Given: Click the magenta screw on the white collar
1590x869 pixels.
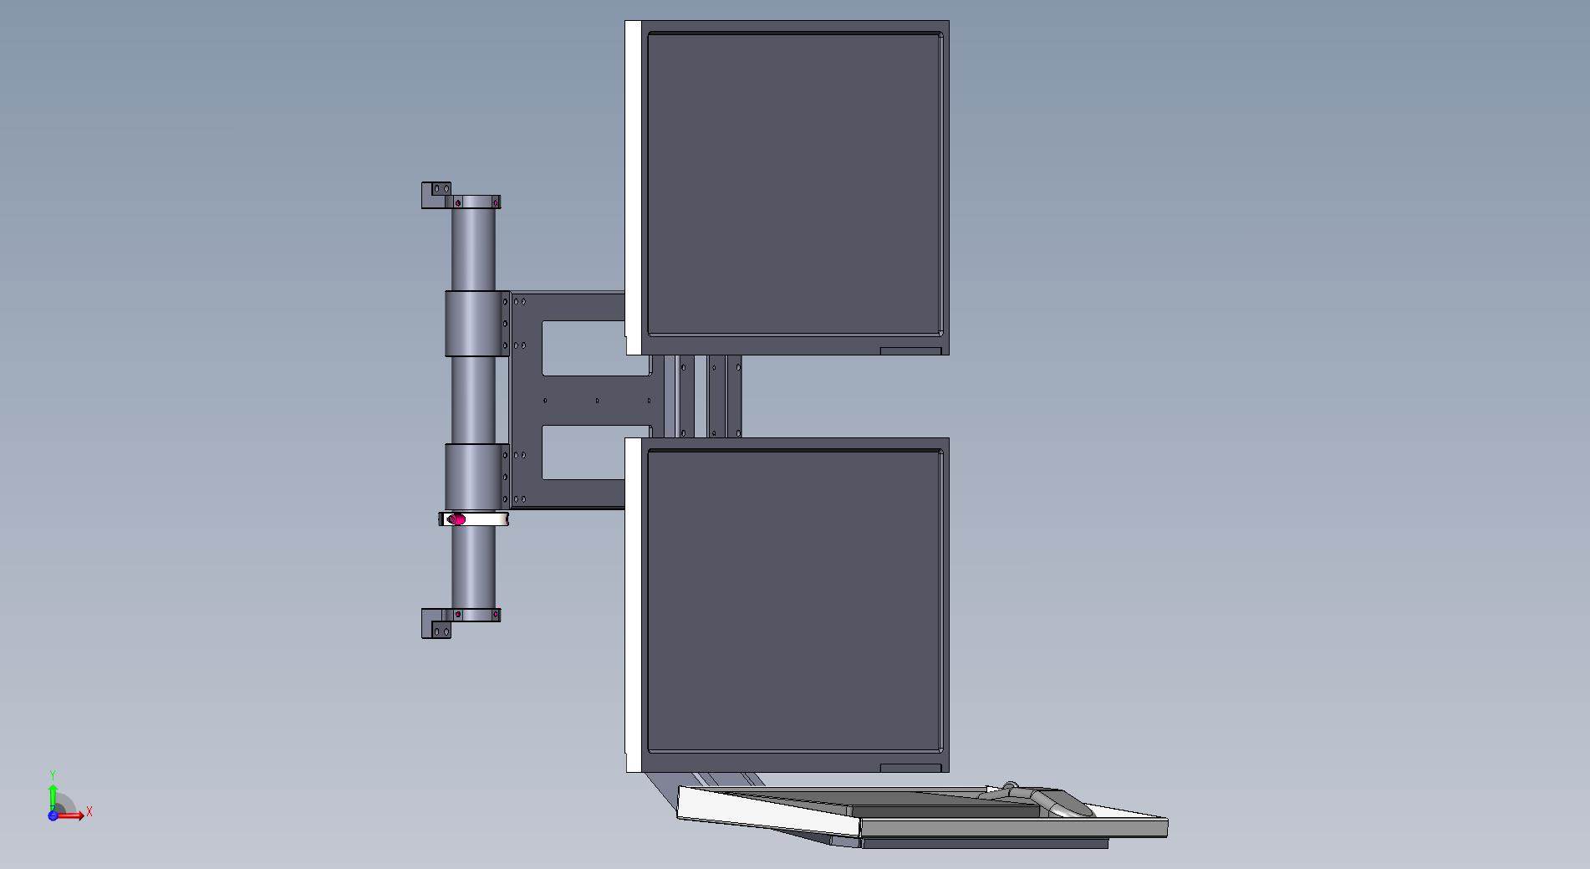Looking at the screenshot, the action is tap(456, 519).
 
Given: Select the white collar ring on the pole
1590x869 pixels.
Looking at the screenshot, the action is tap(473, 519).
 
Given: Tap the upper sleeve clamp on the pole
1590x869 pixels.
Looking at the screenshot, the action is tap(476, 324).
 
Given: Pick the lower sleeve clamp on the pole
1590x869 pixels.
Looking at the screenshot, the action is tap(476, 476).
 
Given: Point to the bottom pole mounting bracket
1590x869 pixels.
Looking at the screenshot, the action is tap(461, 622).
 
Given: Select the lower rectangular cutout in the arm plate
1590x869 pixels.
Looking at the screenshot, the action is tap(584, 452).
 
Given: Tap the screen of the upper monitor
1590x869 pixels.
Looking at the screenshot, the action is tap(794, 184).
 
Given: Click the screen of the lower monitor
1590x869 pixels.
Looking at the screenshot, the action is tap(794, 601).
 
